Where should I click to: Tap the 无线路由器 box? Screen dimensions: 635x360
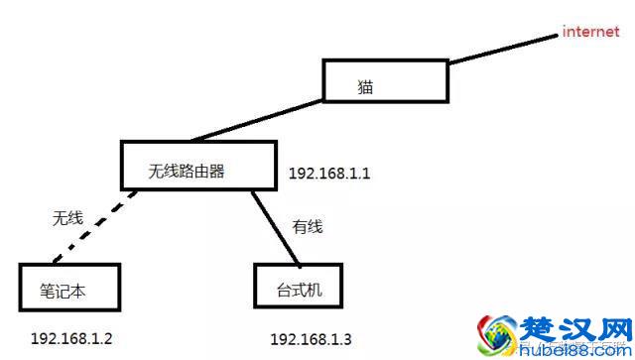[197, 166]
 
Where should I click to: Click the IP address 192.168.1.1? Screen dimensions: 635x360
[329, 174]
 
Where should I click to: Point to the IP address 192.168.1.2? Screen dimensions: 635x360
[71, 338]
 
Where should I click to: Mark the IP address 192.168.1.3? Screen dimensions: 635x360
[311, 339]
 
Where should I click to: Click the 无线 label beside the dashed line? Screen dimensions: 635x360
[66, 217]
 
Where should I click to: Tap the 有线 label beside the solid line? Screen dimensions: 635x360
[309, 227]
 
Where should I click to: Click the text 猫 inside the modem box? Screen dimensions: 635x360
[365, 86]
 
